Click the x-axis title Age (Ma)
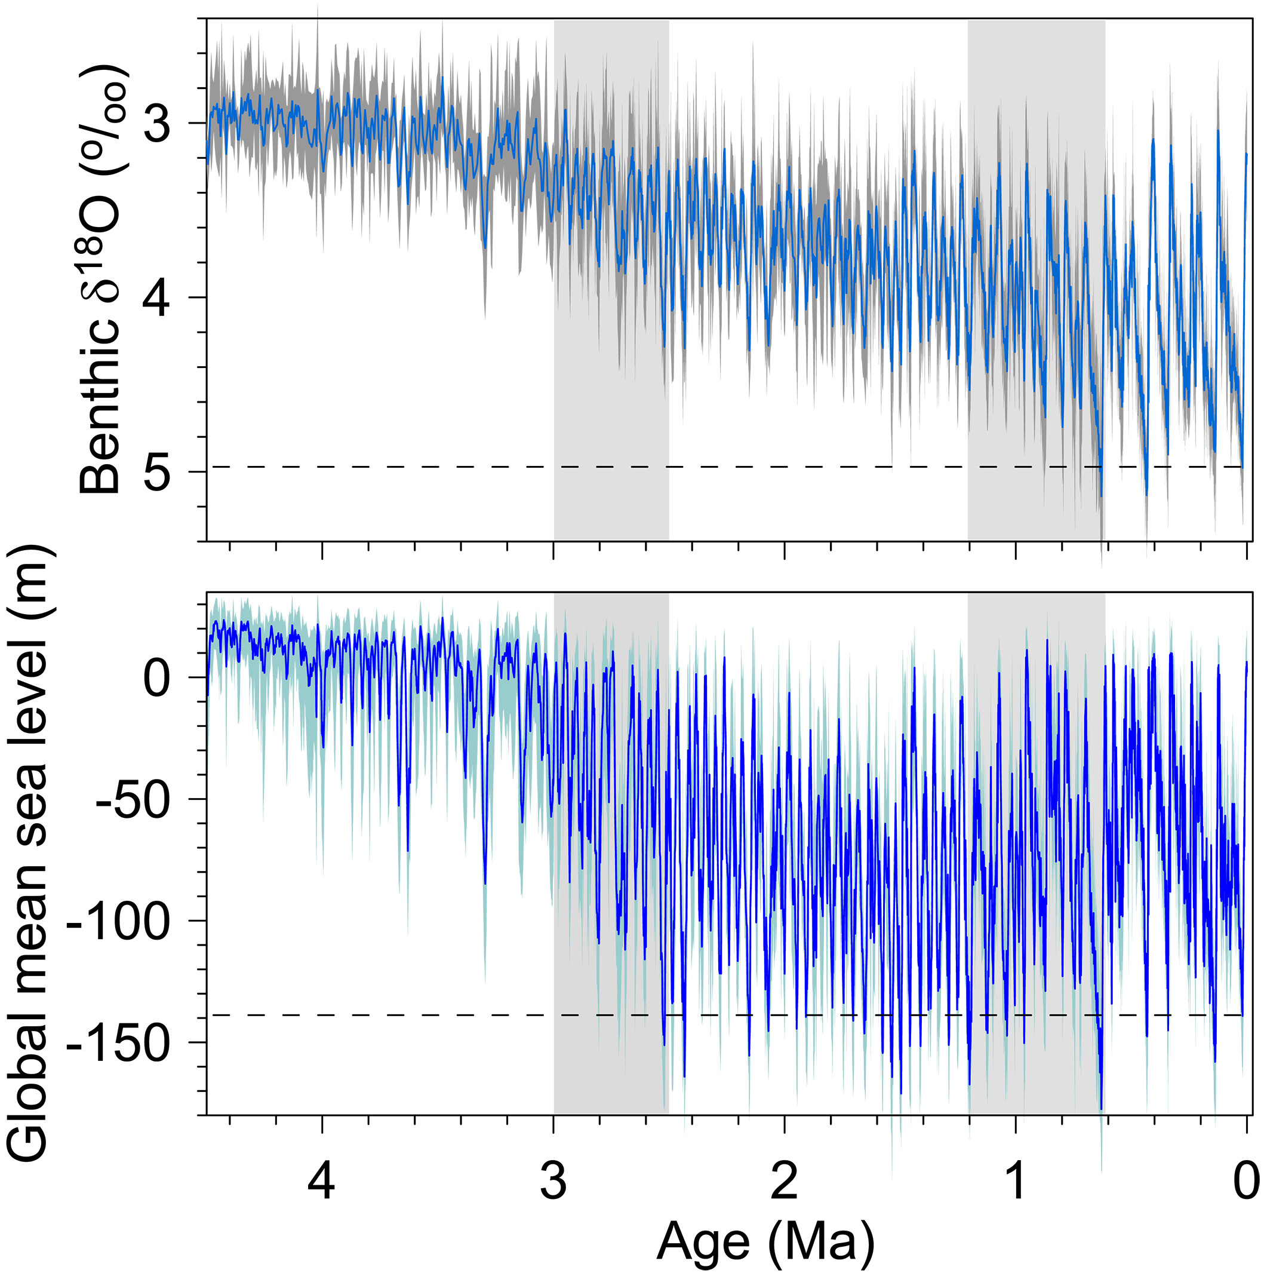click(765, 1242)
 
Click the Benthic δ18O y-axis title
click(100, 281)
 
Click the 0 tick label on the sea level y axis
click(157, 677)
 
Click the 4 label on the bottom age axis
click(321, 1181)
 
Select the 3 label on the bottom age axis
click(553, 1181)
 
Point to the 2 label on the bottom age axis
click(784, 1181)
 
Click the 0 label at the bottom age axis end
click(1246, 1181)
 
